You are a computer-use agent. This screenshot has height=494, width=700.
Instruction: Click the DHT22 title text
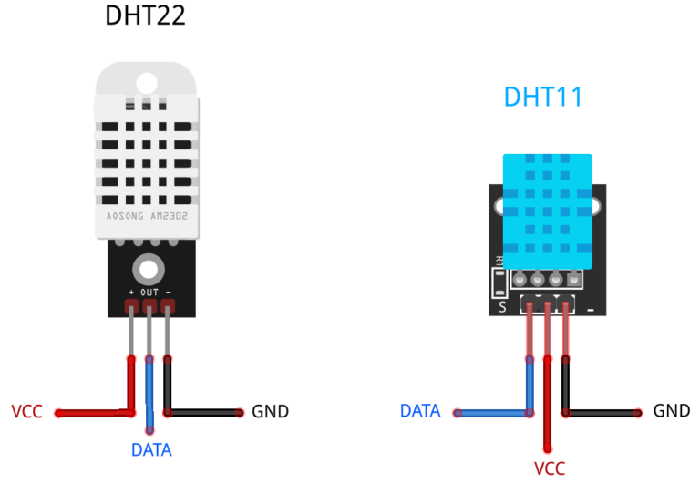tap(145, 15)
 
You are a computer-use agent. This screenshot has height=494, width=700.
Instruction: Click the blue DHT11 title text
tap(542, 98)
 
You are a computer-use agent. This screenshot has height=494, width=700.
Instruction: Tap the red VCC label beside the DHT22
tap(26, 412)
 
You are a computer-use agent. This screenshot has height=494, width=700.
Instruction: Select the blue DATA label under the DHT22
tap(151, 449)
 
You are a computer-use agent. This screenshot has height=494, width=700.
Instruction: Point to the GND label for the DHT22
tap(270, 412)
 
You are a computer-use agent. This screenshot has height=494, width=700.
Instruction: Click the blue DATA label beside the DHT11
tap(420, 411)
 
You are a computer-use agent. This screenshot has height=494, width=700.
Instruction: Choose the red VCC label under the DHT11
tap(549, 469)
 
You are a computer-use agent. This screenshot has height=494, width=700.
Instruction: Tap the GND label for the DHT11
tap(671, 411)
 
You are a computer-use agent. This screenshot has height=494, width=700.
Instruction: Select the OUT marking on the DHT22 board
tap(149, 293)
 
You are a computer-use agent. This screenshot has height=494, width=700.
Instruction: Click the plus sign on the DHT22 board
tap(131, 293)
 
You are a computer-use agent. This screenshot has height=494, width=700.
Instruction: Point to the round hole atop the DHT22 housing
tap(146, 82)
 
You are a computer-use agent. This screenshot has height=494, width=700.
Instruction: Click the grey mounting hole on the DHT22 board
tap(149, 268)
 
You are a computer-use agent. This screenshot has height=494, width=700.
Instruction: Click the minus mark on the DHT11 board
tap(591, 308)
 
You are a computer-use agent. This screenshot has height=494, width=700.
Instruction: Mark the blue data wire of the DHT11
tap(492, 413)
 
